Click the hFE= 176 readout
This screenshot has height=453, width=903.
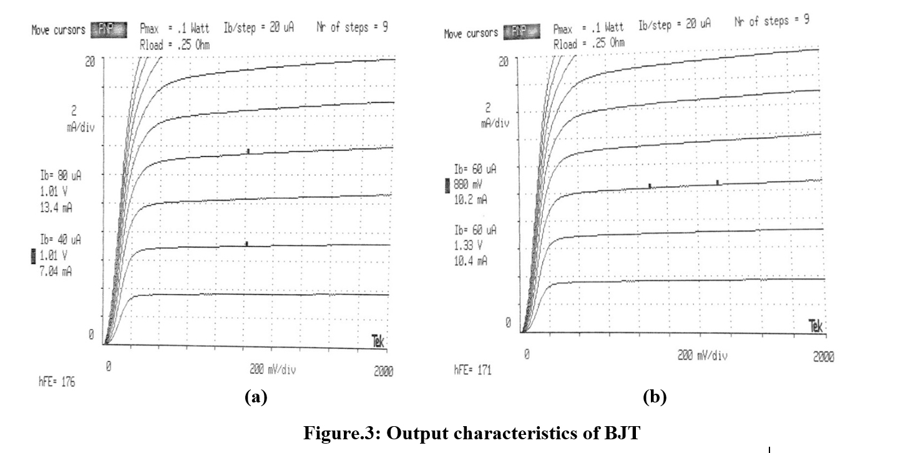coord(57,382)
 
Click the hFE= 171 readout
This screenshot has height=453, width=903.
coord(472,371)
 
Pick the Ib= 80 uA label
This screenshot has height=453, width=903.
coord(61,176)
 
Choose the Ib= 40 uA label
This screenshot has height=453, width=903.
coord(61,240)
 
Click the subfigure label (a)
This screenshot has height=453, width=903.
coord(256,397)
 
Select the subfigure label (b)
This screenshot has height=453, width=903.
coord(655,397)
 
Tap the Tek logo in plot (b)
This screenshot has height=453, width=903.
coord(815,326)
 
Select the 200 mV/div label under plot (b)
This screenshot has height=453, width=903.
coord(702,356)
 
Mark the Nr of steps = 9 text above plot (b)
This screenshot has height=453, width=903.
coord(771,21)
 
